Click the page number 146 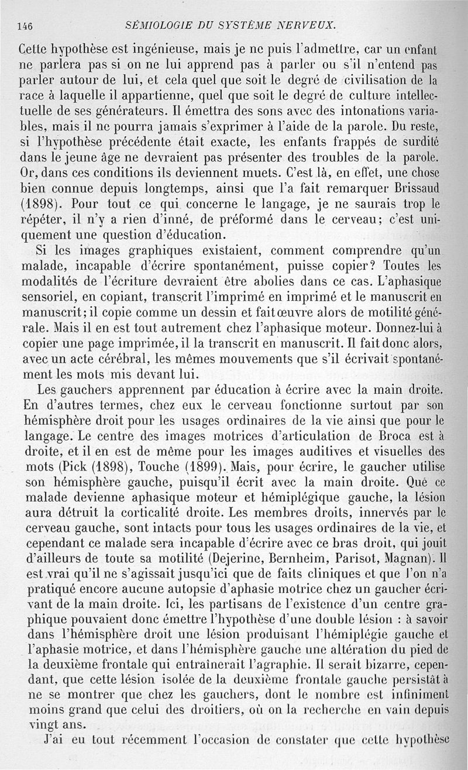(x=24, y=25)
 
